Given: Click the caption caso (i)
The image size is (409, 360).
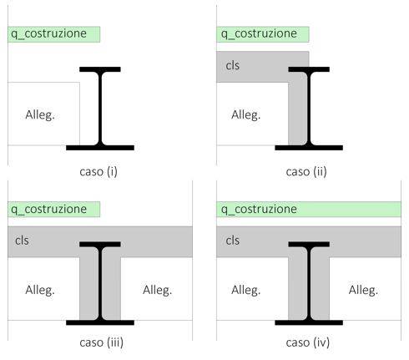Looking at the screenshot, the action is [98, 171].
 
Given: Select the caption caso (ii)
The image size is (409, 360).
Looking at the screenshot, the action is [306, 171].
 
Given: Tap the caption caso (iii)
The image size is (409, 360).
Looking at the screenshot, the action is [102, 342].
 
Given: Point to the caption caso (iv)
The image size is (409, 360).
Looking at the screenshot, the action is [308, 342].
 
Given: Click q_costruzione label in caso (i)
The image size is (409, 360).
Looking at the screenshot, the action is [48, 34].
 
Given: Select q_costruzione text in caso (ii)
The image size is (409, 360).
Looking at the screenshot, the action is [259, 34].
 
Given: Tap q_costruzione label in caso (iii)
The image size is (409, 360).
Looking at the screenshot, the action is [48, 209].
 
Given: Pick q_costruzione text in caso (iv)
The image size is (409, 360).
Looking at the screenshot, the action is [259, 209].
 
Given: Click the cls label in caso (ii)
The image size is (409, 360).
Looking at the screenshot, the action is [233, 65].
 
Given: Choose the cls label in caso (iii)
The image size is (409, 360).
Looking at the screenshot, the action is [22, 241].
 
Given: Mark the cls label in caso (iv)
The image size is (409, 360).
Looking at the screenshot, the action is [233, 241].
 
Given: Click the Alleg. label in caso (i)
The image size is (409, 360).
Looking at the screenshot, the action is [40, 114].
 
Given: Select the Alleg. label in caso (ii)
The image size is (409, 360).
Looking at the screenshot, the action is [246, 114].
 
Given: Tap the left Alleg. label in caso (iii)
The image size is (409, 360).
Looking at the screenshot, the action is [40, 290].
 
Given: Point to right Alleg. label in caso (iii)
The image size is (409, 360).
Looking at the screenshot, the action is [158, 290].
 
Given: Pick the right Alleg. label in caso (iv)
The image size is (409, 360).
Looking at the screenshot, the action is [363, 290].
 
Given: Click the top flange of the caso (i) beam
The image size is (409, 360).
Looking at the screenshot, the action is [100, 69].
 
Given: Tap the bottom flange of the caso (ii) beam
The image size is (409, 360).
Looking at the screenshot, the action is [309, 148].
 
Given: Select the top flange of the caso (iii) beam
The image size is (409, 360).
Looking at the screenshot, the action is [100, 244].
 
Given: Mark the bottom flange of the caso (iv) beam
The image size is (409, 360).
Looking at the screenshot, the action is [309, 322].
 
